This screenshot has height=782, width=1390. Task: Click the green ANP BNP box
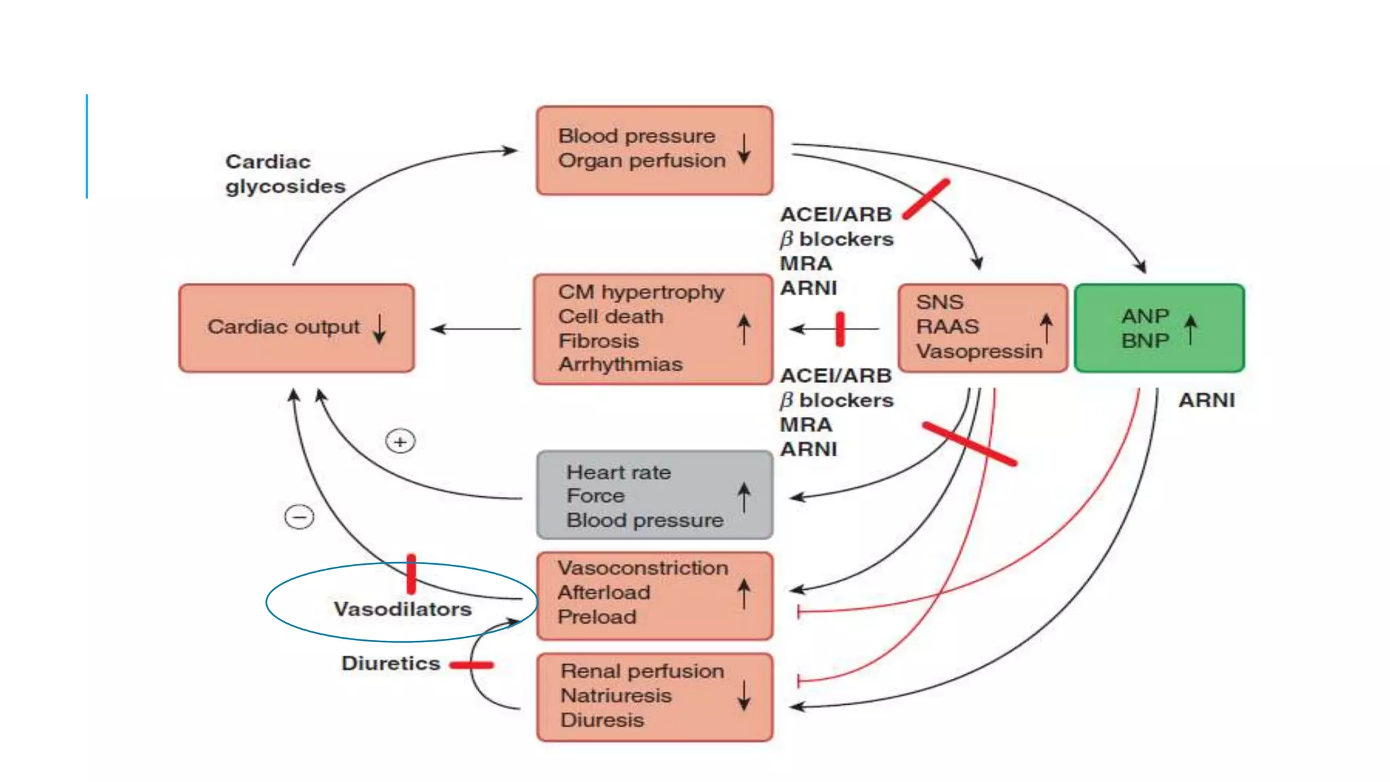(1159, 329)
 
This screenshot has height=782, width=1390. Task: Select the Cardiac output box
(297, 329)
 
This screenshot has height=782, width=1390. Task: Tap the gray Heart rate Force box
(654, 496)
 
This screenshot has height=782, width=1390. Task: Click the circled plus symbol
(400, 442)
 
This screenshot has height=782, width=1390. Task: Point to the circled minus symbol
(299, 517)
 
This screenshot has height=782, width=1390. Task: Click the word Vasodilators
(402, 609)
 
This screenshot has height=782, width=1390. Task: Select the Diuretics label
(391, 663)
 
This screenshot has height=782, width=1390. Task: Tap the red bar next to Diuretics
(471, 665)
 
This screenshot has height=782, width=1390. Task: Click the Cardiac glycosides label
(285, 174)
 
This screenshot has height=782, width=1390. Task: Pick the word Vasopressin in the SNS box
(979, 352)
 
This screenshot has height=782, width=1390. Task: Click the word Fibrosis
(599, 341)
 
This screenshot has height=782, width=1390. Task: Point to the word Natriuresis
(616, 696)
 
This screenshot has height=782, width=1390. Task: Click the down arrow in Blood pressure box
(744, 149)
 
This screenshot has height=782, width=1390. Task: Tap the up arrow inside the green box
(1190, 329)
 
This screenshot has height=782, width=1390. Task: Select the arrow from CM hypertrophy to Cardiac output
(475, 329)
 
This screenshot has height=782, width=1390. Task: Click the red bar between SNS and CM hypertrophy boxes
(840, 329)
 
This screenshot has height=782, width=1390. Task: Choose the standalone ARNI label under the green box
(1206, 401)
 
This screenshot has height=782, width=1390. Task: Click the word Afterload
(604, 593)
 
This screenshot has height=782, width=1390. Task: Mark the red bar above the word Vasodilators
(411, 574)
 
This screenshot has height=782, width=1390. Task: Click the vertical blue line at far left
(87, 147)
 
